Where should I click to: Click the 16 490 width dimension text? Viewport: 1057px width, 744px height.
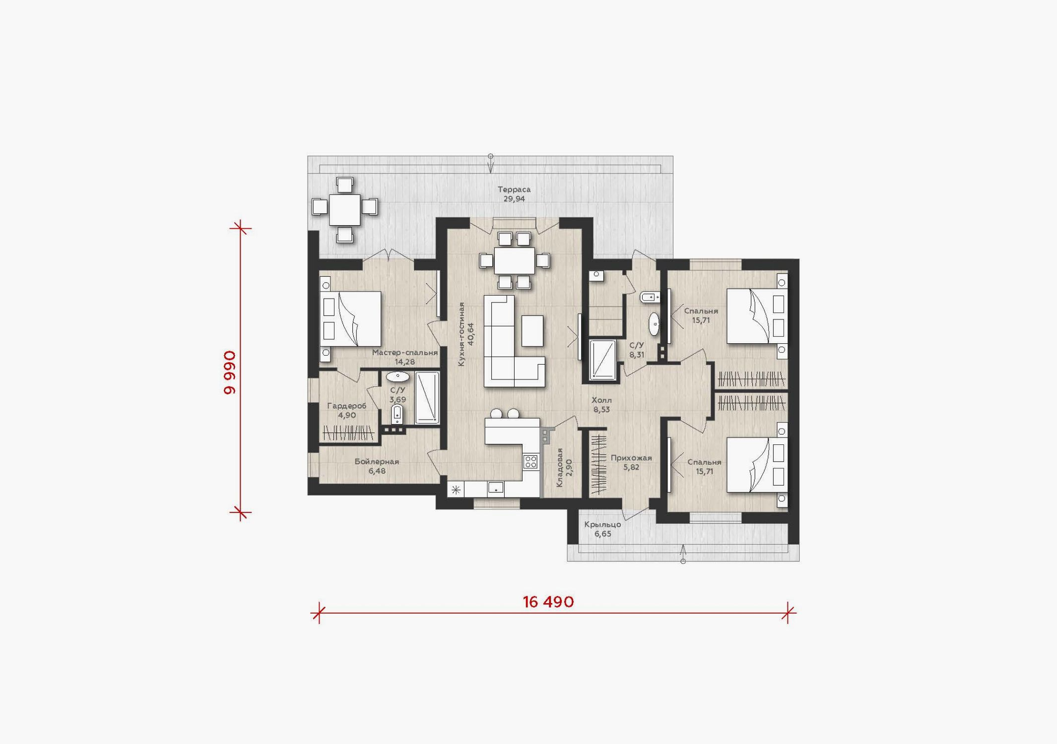tap(548, 602)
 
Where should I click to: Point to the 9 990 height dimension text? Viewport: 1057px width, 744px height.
tap(230, 372)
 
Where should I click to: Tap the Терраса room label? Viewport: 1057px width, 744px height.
tap(514, 189)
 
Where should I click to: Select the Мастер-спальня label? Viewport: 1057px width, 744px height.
tap(405, 353)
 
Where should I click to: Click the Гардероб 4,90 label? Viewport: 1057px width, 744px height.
tap(347, 410)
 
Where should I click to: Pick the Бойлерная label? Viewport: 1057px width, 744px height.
tap(377, 462)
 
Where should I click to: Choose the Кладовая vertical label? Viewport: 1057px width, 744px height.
tap(560, 468)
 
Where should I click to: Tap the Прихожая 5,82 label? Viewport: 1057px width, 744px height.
tap(631, 462)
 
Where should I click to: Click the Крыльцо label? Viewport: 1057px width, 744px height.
tap(602, 524)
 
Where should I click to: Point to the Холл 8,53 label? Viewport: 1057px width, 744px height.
tap(601, 405)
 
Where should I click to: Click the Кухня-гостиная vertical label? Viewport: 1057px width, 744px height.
tap(462, 334)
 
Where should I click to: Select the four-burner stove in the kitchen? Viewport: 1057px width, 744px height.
tap(530, 462)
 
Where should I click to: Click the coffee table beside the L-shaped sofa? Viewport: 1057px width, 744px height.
tap(532, 330)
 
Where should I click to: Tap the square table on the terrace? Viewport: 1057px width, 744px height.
tap(345, 210)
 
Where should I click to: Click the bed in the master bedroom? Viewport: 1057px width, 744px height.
tap(350, 318)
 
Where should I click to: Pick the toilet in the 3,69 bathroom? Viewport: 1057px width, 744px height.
tap(397, 414)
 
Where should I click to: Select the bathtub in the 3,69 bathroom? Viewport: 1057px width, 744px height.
tap(427, 398)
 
